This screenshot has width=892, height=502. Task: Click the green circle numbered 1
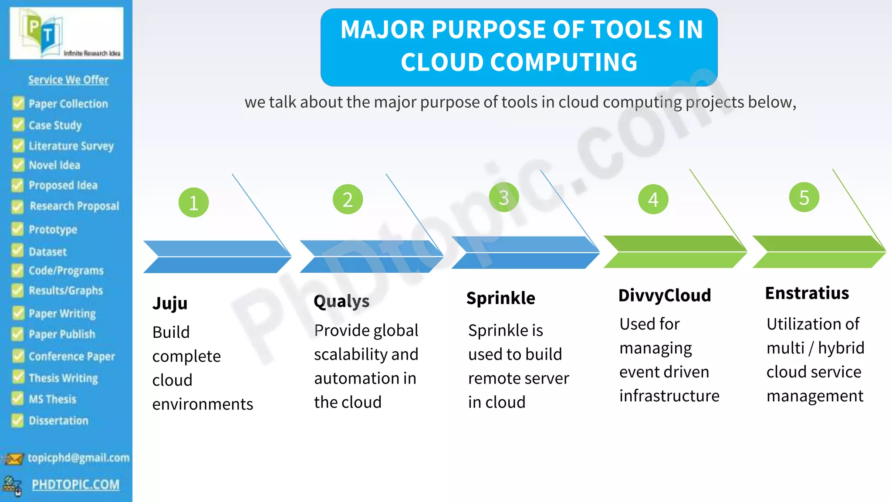(193, 203)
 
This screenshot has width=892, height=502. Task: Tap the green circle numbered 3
(503, 197)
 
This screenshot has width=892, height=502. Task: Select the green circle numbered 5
(804, 197)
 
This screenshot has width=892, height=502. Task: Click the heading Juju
(170, 303)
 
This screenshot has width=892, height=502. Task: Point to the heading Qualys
(341, 301)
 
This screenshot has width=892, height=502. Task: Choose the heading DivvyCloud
(665, 295)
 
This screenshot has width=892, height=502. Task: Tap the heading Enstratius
(807, 293)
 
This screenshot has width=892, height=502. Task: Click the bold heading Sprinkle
(501, 298)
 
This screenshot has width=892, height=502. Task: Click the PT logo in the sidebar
(66, 34)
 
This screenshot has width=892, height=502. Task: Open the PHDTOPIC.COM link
(75, 485)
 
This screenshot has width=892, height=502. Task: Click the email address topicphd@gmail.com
(78, 458)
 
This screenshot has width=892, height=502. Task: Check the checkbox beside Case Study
(18, 125)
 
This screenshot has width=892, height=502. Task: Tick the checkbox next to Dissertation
(17, 421)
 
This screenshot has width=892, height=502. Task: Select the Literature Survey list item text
(71, 146)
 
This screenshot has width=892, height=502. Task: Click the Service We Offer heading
(68, 80)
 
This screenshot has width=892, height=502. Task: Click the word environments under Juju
(203, 404)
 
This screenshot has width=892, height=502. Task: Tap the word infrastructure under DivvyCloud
(669, 396)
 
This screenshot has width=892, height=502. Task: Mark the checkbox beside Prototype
(17, 229)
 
